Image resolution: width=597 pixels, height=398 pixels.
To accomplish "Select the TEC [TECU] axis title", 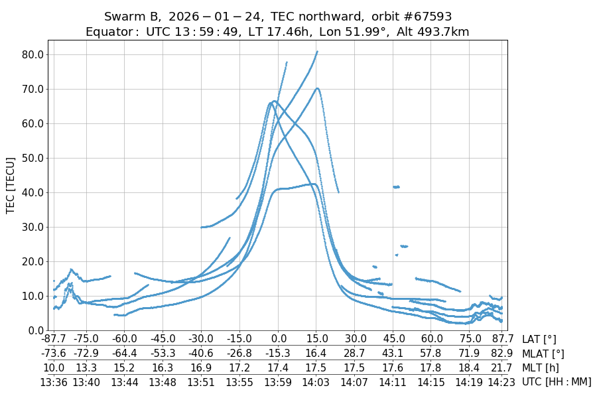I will click(10, 186).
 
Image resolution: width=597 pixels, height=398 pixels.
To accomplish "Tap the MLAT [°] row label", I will click(544, 354).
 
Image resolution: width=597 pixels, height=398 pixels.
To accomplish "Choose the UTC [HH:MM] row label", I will click(556, 381).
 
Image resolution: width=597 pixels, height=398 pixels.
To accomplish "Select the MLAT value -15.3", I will click(278, 354).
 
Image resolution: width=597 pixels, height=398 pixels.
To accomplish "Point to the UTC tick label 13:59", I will click(278, 381).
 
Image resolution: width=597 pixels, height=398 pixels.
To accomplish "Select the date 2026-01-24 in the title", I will click(216, 17).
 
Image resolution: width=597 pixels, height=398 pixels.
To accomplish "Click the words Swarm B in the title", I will click(132, 17).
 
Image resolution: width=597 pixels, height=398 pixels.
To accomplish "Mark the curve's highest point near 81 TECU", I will click(317, 52).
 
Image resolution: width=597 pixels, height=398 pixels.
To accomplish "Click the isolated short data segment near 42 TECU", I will click(396, 187).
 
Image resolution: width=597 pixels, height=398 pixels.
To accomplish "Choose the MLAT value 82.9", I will click(502, 354).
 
